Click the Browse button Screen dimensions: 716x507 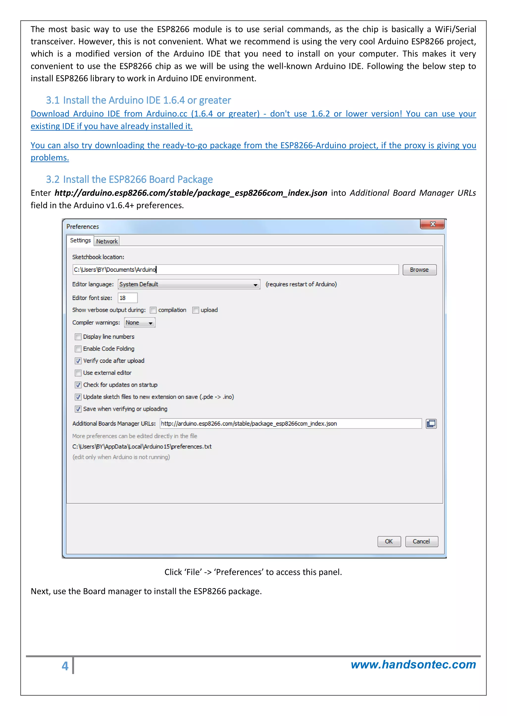pos(419,270)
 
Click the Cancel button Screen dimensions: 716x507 pos(421,541)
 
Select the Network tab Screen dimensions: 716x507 pos(107,241)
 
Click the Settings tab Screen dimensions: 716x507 pos(80,240)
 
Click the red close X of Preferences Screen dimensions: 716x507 pos(432,224)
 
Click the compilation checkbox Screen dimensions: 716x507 pos(153,310)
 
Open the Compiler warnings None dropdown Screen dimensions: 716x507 pos(140,323)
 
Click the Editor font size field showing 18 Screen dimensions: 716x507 pos(127,298)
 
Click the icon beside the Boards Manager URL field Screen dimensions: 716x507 pos(431,424)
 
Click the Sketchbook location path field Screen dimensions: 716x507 pos(235,270)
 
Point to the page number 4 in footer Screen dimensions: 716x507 pos(65,666)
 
